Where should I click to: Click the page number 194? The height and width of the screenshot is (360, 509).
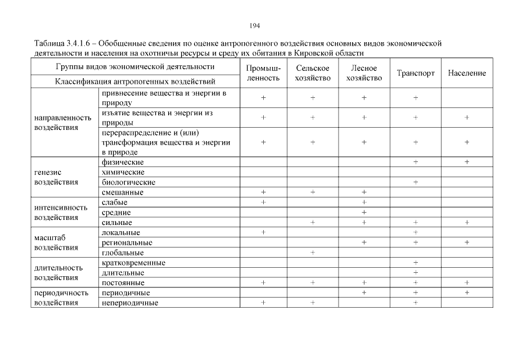(254, 26)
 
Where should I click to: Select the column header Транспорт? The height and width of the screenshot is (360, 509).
(416, 73)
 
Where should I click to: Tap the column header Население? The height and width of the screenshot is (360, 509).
(467, 73)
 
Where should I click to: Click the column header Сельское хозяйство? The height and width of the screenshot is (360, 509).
(313, 73)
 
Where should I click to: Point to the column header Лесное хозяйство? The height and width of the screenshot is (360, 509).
(364, 73)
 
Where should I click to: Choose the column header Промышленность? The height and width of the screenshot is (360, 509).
(263, 73)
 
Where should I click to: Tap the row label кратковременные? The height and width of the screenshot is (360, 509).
(133, 263)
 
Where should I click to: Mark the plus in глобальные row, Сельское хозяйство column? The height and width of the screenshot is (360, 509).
(313, 253)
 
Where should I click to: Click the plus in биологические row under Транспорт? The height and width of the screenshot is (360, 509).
(416, 182)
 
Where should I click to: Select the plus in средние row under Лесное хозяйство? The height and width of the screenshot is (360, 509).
(364, 213)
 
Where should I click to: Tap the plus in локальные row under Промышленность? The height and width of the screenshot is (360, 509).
(263, 232)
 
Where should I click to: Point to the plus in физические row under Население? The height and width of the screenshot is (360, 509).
(467, 162)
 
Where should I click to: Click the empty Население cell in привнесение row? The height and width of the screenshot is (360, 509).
(467, 97)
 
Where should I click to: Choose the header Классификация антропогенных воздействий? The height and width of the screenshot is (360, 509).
(135, 82)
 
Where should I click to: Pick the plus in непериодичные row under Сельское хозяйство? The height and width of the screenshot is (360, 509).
(313, 303)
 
